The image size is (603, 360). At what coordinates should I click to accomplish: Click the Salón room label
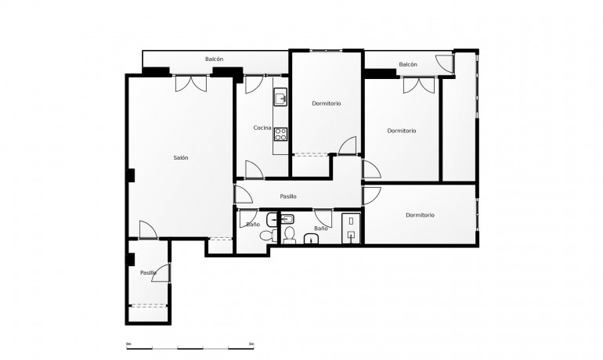tap(181, 158)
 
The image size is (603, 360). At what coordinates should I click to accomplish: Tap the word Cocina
tap(262, 128)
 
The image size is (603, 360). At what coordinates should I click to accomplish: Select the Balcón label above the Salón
tap(215, 59)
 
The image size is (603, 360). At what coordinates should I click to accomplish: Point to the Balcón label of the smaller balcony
tap(407, 65)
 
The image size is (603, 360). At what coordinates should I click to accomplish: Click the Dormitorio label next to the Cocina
tap(327, 103)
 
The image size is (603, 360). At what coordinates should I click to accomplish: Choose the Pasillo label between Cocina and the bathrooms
tap(287, 196)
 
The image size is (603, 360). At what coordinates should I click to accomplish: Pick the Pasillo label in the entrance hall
tap(148, 272)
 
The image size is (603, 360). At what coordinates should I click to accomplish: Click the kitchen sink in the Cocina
tap(280, 98)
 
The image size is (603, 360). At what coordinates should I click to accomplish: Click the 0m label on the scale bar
tap(128, 344)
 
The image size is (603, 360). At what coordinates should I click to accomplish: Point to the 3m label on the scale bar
tap(251, 344)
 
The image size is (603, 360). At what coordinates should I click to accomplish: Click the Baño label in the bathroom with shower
tap(320, 229)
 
